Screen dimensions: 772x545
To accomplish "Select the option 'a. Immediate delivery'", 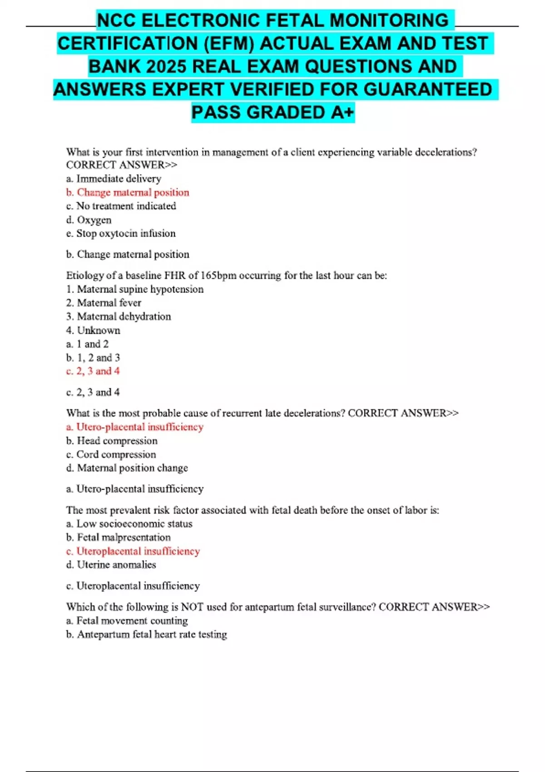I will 114,178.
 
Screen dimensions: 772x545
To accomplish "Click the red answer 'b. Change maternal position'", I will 128,192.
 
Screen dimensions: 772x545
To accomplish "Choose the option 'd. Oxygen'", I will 89,220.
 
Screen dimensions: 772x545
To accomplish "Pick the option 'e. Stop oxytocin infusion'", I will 121,233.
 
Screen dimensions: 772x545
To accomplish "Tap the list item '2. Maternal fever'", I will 104,302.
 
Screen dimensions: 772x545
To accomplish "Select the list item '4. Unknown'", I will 93,330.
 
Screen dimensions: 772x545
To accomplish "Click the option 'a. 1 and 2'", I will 88,344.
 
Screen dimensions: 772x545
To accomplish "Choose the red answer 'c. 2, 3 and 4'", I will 93,371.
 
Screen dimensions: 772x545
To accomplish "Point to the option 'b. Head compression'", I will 112,440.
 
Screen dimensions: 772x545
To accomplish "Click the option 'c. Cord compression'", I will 111,454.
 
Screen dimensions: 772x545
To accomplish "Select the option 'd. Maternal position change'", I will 127,468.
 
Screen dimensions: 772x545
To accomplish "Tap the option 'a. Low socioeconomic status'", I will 129,524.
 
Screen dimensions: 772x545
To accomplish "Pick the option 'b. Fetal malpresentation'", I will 119,537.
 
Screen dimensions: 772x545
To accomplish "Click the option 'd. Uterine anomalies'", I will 111,564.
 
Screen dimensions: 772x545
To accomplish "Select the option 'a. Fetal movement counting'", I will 127,620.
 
